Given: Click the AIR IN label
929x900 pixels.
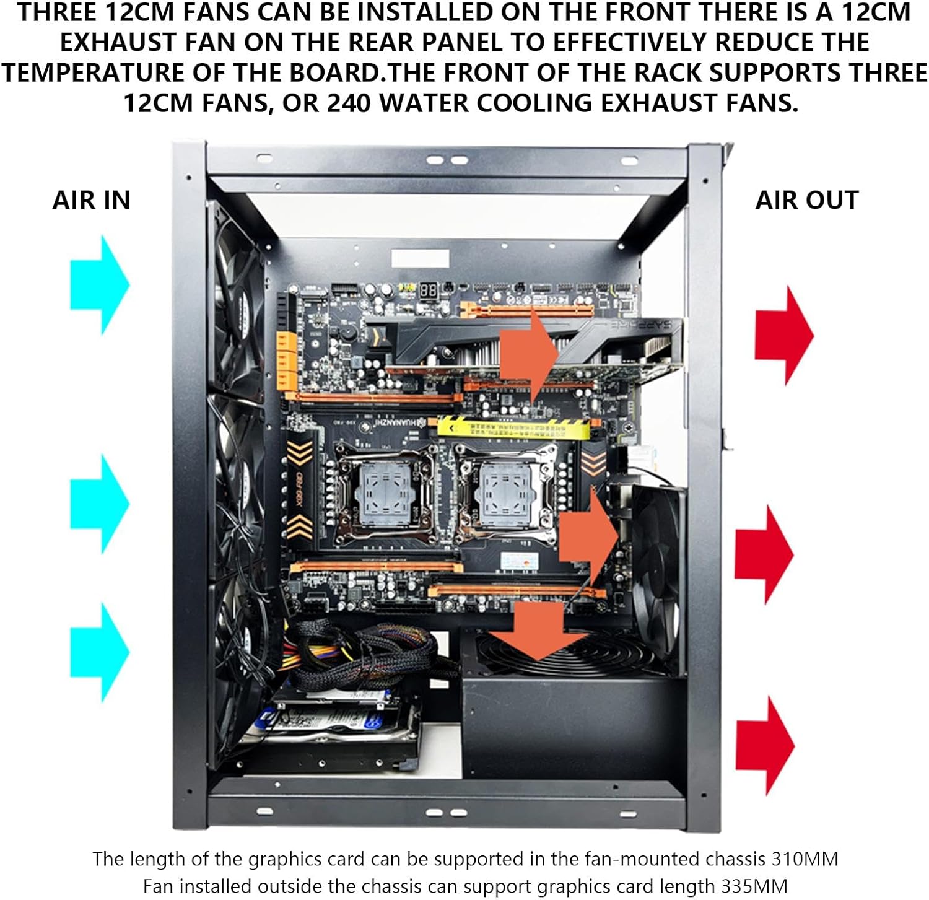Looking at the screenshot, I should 92,200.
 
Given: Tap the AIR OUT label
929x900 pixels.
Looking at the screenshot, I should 806,200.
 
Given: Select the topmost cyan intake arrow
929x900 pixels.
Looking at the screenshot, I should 100,285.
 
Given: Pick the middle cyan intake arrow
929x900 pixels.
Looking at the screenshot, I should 100,504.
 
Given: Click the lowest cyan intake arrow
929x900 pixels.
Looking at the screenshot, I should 100,652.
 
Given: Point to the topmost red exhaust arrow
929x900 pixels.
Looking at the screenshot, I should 784,336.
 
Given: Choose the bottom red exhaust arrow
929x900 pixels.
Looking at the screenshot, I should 765,746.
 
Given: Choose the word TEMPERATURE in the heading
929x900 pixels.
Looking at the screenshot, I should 93,72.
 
